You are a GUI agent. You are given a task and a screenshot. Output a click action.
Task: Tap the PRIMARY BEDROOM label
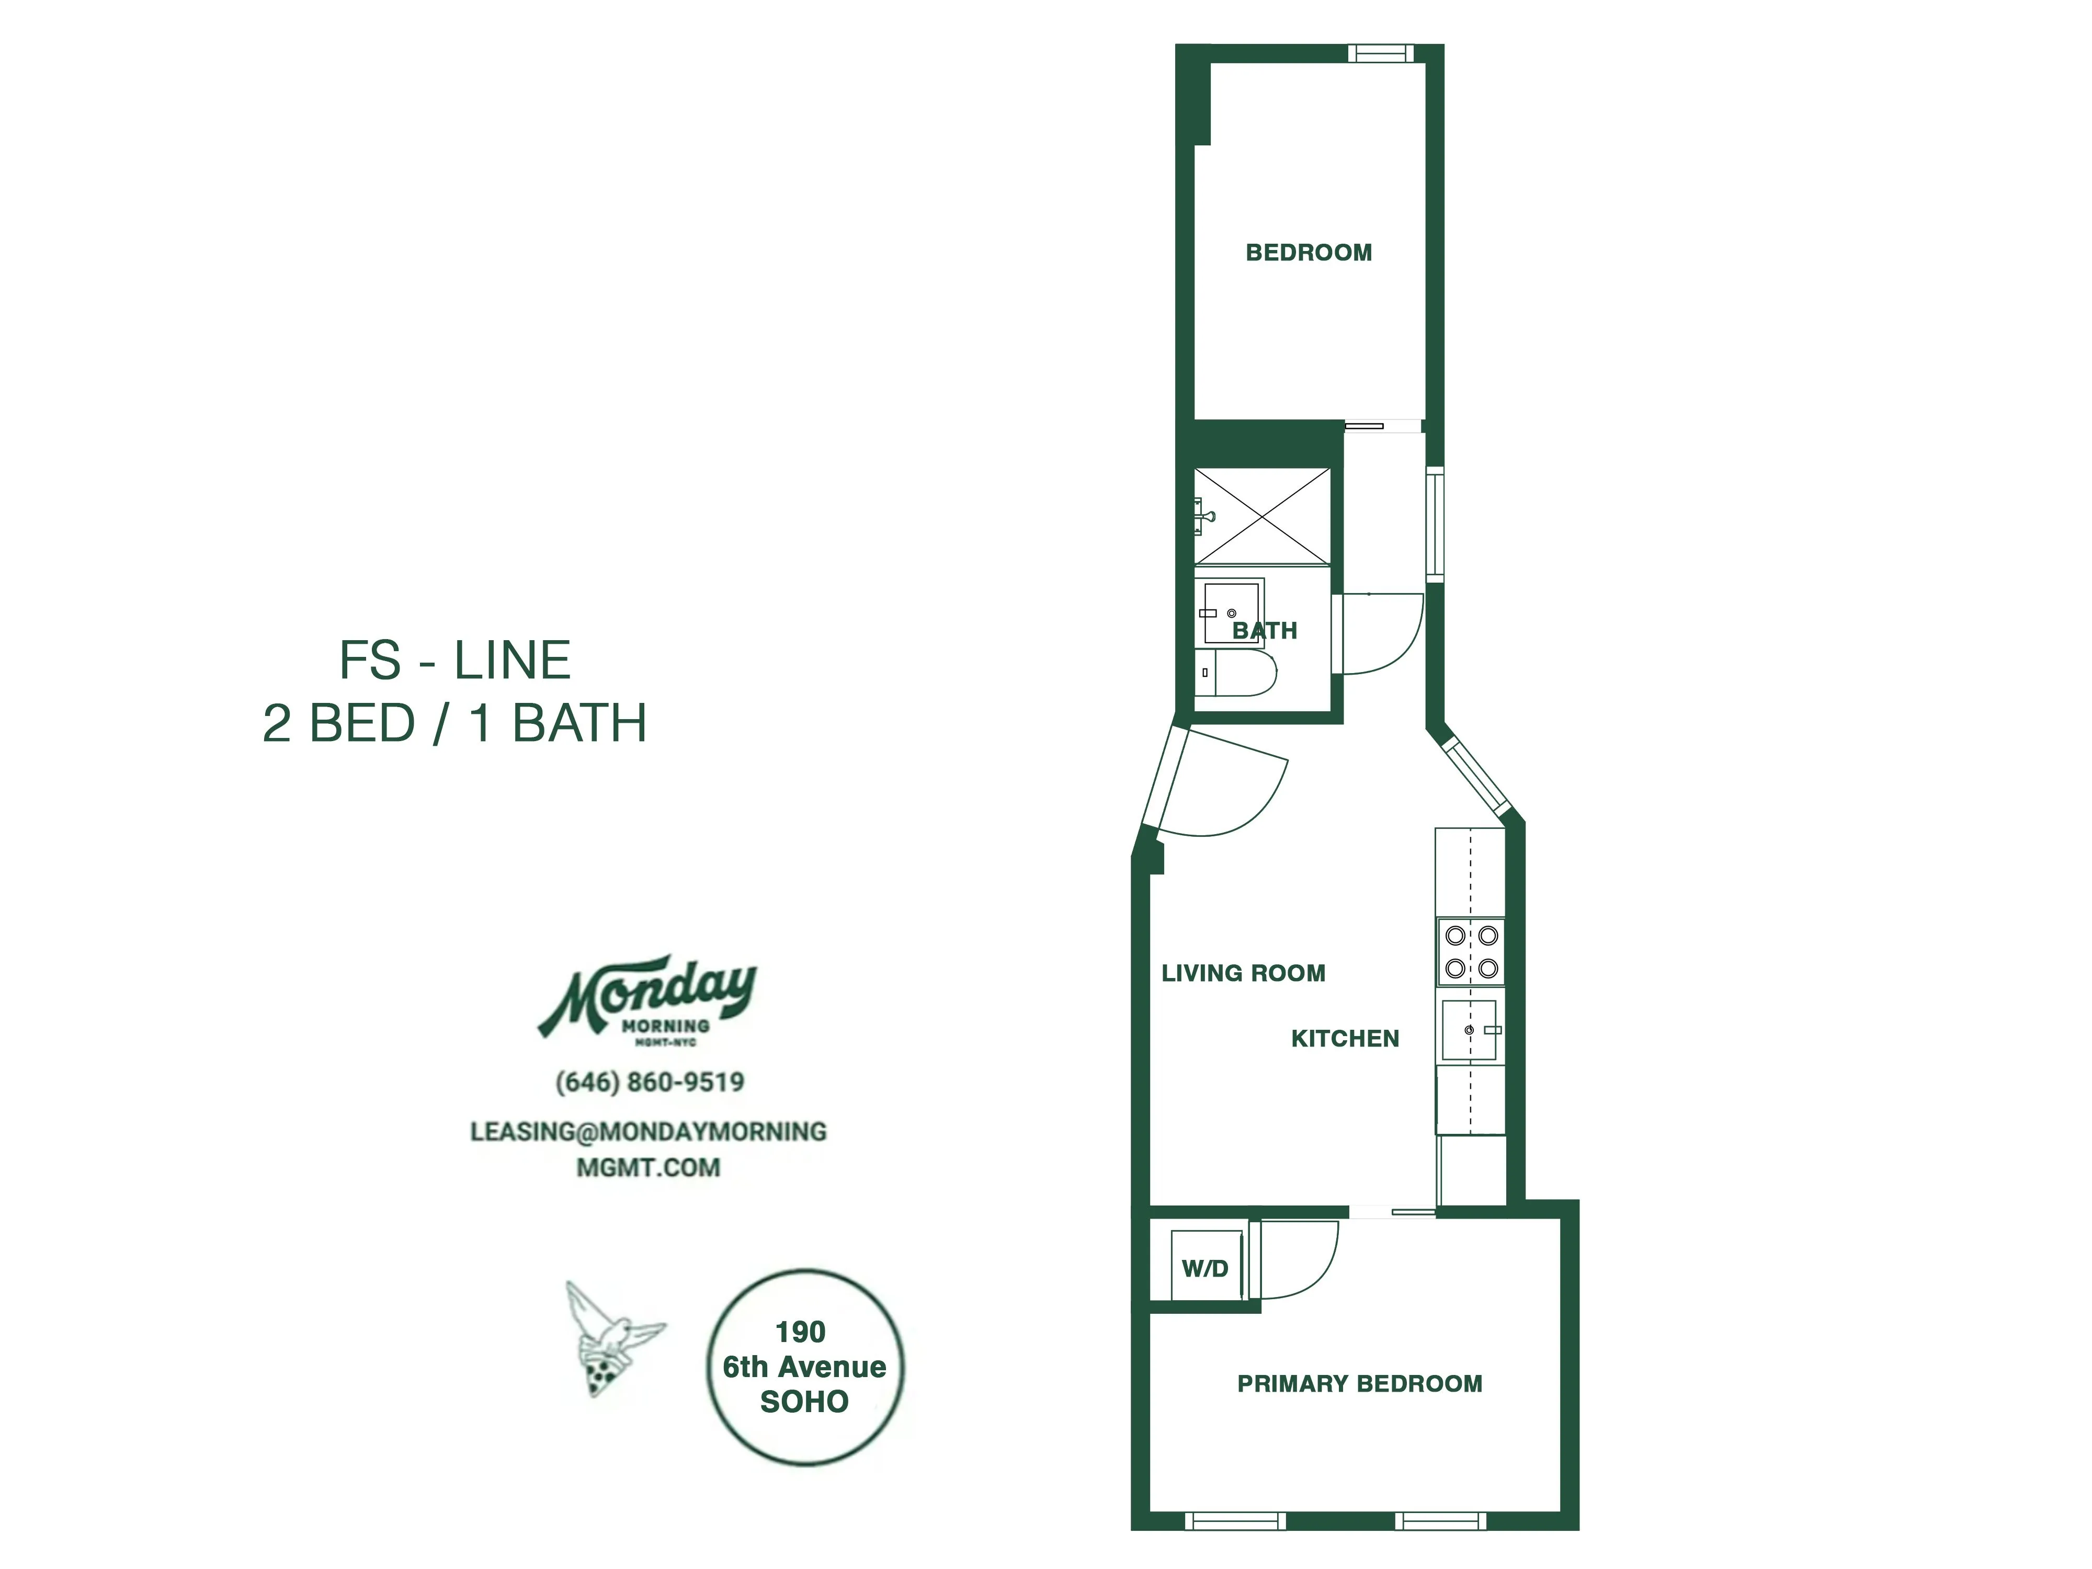click(x=1359, y=1384)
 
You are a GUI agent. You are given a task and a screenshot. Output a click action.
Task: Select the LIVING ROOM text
click(x=1243, y=973)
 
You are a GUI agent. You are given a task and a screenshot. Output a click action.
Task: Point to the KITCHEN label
click(x=1344, y=1039)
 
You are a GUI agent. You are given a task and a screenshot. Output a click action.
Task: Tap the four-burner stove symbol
click(x=1471, y=951)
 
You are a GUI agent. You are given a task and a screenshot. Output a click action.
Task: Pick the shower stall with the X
click(x=1261, y=516)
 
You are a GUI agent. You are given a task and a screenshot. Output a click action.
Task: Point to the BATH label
click(x=1265, y=631)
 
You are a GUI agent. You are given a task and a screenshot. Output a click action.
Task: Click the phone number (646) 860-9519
click(x=650, y=1082)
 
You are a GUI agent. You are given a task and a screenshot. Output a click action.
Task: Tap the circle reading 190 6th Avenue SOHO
click(x=805, y=1367)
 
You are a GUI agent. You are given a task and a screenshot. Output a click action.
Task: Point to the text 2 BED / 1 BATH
click(x=455, y=723)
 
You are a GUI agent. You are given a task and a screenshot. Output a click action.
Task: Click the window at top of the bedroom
click(x=1379, y=53)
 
